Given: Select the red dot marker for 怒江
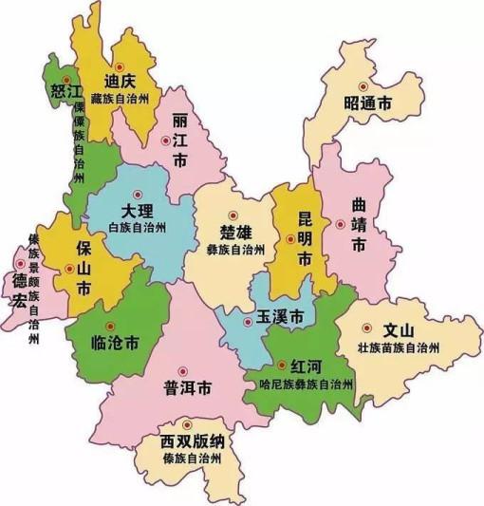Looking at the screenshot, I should [x=65, y=77].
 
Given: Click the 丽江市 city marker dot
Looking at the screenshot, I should [x=167, y=141].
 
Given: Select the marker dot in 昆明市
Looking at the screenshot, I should [x=289, y=239].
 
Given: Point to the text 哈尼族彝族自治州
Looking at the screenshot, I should [x=310, y=384].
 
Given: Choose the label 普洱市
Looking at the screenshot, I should [x=186, y=389].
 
